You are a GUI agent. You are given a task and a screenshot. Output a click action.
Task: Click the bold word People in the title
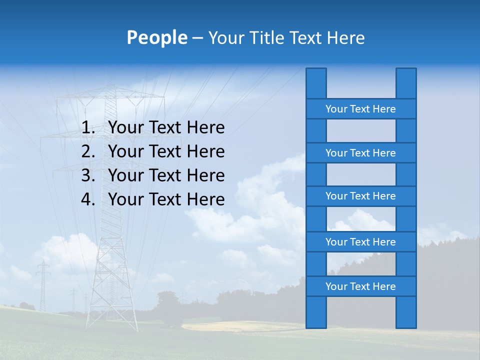(156, 37)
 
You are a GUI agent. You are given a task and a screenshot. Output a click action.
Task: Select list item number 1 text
(166, 128)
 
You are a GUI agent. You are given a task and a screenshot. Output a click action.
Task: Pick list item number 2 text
(166, 151)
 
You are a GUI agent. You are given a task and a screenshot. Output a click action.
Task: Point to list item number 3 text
(166, 175)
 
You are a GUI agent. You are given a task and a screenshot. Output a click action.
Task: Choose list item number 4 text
(166, 199)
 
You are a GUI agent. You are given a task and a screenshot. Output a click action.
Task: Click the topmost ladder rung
(360, 109)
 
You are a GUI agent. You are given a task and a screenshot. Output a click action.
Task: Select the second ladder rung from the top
(360, 153)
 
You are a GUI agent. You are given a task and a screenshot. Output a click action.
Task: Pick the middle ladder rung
(360, 196)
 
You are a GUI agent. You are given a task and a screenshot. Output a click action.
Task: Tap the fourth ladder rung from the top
(360, 242)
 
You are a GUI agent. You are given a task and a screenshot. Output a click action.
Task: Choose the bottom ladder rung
(360, 286)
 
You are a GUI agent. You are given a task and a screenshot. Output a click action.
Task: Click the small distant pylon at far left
(43, 285)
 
